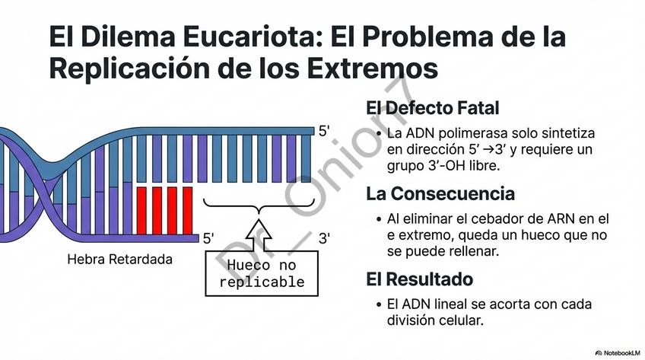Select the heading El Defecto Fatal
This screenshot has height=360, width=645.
(x=432, y=108)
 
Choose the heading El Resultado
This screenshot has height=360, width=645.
(x=419, y=279)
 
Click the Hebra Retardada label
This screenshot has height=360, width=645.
(x=119, y=260)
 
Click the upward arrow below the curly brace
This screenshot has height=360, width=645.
(x=261, y=232)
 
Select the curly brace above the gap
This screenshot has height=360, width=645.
(x=260, y=203)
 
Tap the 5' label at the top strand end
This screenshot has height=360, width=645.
(x=323, y=131)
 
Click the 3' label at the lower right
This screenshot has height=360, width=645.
(x=323, y=238)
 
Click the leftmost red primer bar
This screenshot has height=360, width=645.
(x=141, y=205)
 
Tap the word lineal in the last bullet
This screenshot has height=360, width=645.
(x=455, y=304)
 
